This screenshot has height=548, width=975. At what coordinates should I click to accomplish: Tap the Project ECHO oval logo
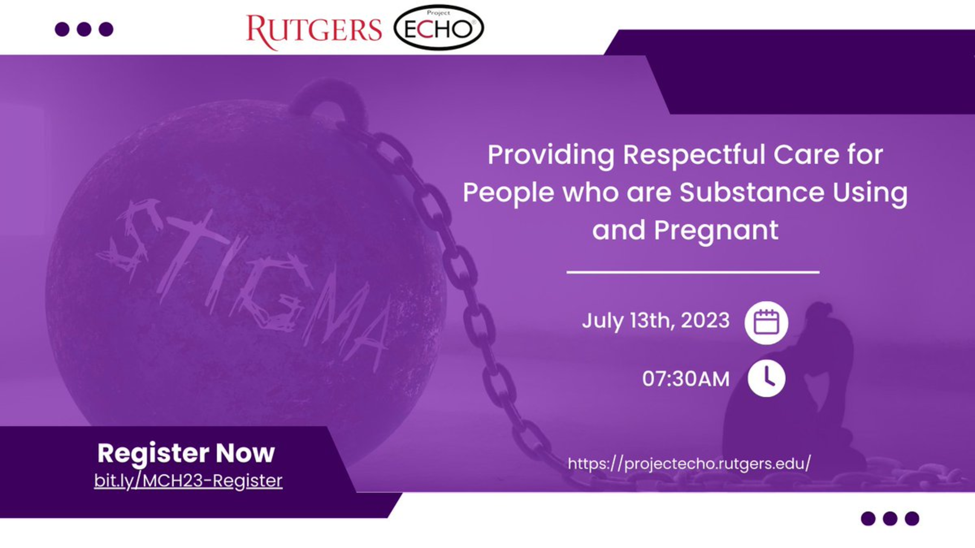438,28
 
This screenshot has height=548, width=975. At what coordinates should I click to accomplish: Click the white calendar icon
766,323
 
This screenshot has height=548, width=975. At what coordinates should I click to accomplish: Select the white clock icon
766,378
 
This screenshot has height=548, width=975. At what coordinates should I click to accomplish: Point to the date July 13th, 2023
656,320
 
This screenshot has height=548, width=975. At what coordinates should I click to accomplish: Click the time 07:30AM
686,379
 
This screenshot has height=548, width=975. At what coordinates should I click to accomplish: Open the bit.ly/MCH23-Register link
188,481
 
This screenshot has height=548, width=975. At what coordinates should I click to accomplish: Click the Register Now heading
186,453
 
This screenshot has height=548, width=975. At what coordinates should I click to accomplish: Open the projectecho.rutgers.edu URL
689,463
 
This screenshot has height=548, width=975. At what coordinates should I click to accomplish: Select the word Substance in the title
752,193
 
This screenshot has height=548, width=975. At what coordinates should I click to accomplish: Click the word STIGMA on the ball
243,281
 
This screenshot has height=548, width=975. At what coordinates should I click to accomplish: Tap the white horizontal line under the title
693,272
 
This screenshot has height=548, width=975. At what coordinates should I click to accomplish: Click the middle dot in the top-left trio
84,29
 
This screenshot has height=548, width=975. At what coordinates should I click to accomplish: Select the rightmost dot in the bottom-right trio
912,519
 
